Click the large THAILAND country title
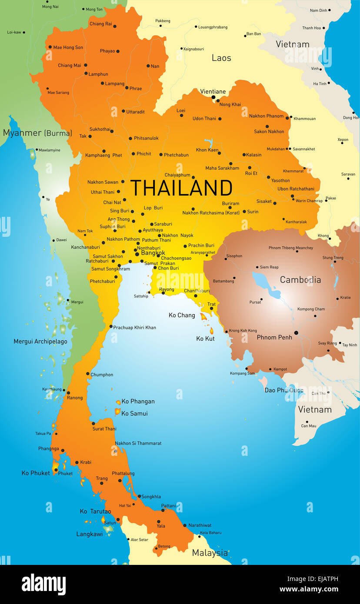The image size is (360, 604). pyautogui.click(x=181, y=188)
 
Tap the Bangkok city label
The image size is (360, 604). pyautogui.click(x=153, y=252)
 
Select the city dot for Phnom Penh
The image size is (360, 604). pyautogui.click(x=296, y=333)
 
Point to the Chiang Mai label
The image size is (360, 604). pyautogui.click(x=70, y=66)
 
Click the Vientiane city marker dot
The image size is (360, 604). pyautogui.click(x=213, y=97)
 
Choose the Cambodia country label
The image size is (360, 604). pyautogui.click(x=300, y=280)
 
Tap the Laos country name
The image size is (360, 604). pyautogui.click(x=221, y=58)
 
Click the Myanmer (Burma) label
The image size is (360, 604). pyautogui.click(x=37, y=133)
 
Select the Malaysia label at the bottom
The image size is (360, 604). pyautogui.click(x=210, y=553)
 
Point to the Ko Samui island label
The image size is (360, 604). pyautogui.click(x=134, y=413)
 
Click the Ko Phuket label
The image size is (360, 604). pyautogui.click(x=36, y=473)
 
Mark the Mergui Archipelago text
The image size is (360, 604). pyautogui.click(x=40, y=342)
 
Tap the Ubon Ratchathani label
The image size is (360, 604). pyautogui.click(x=296, y=189)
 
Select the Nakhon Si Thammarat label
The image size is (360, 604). pyautogui.click(x=138, y=443)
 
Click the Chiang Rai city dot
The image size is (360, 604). pyautogui.click(x=115, y=26)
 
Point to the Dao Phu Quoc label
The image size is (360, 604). pyautogui.click(x=284, y=390)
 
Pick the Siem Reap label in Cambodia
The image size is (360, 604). pyautogui.click(x=269, y=267)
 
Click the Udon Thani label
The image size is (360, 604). pyautogui.click(x=204, y=119)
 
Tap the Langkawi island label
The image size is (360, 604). pyautogui.click(x=90, y=534)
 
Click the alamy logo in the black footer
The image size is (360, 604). pyautogui.click(x=43, y=584)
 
